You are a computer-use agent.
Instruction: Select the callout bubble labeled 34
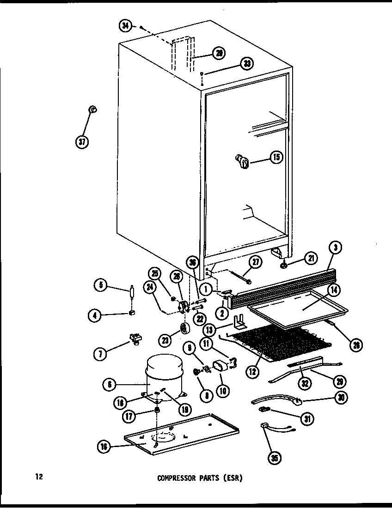[125, 26]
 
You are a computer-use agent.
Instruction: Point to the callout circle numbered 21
[309, 260]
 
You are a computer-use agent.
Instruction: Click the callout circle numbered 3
[336, 248]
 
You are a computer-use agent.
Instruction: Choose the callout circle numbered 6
[109, 383]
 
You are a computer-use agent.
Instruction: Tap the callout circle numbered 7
[100, 354]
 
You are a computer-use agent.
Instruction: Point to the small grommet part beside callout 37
[93, 109]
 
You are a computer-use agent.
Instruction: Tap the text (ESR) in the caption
[233, 478]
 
